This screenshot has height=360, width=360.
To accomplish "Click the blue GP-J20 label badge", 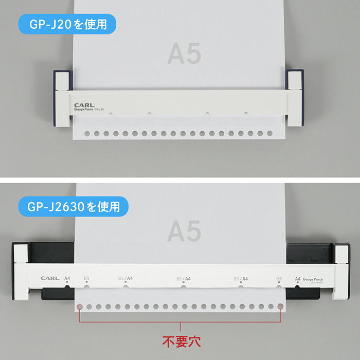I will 67,24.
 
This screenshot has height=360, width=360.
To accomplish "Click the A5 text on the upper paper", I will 184,53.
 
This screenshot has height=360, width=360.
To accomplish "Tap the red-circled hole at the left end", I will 80,308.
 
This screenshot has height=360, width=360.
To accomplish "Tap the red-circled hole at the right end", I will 280,308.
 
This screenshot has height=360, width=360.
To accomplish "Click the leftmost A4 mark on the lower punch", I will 67,279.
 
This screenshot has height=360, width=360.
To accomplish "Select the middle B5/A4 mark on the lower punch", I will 184,279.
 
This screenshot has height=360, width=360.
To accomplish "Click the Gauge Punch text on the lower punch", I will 313,278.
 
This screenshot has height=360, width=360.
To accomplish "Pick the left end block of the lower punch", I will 21,273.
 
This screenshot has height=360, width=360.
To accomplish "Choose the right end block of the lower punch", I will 340,273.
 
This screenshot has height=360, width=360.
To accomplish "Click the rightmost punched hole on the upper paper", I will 271,134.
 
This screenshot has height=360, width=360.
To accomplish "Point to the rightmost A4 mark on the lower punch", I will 297,279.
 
